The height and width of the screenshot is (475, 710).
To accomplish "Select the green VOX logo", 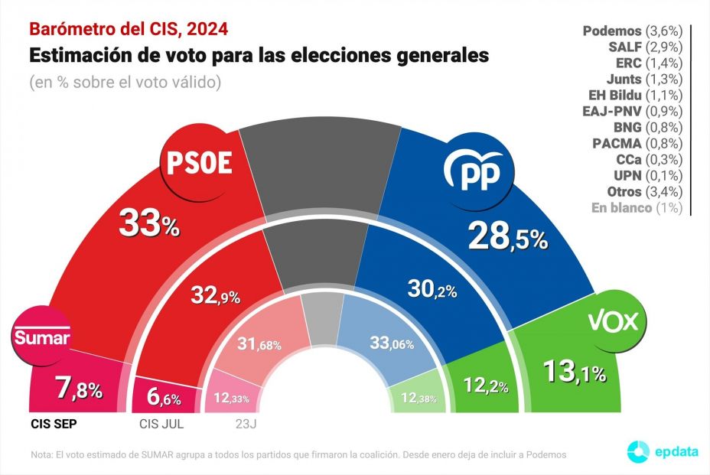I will (612, 320).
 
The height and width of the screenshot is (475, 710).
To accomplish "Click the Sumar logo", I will (41, 337).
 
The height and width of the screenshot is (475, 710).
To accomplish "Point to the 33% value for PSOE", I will (148, 224).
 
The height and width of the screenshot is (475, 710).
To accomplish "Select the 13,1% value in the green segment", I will (574, 373).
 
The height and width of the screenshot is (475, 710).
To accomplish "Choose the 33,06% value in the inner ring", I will (392, 343).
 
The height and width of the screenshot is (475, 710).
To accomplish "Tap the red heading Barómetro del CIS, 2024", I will (129, 29).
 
